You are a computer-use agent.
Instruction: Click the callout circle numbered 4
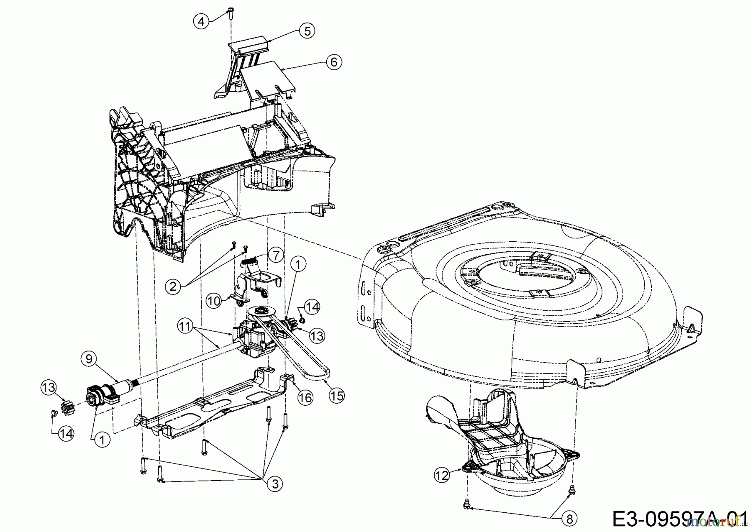click(202, 20)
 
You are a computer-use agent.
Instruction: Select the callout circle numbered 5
click(307, 31)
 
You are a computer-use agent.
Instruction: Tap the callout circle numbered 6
click(334, 62)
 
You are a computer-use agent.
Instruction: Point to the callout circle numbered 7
click(275, 254)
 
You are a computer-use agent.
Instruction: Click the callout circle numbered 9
click(89, 358)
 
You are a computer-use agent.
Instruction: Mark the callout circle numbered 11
click(185, 326)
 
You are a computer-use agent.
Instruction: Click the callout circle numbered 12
click(442, 475)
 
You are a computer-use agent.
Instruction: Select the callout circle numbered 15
click(336, 395)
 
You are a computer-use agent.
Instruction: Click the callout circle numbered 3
click(275, 484)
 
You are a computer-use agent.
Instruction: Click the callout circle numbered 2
click(173, 286)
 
